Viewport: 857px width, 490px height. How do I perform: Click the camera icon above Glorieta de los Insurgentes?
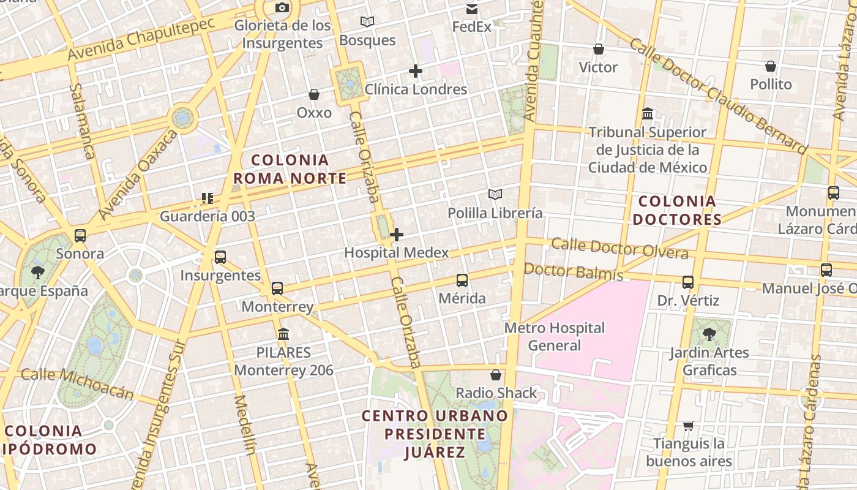[x=282, y=7]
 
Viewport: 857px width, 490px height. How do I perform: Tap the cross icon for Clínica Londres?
[x=416, y=71]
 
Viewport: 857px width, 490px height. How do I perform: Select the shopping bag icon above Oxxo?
[x=314, y=94]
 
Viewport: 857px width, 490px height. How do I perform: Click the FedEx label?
[x=471, y=27]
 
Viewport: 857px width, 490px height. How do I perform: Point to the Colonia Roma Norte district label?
[x=290, y=170]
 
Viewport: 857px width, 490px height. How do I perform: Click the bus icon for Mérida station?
[x=462, y=281]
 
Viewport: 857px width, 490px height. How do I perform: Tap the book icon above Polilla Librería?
[x=495, y=195]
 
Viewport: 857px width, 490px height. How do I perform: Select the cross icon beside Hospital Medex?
[x=397, y=235]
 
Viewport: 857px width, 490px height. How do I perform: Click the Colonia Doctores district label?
[x=677, y=210]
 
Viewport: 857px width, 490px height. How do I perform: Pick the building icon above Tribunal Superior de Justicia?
[x=648, y=114]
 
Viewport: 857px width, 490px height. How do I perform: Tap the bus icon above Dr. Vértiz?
[x=688, y=282]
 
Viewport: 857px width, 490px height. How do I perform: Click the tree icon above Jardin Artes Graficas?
[x=709, y=334]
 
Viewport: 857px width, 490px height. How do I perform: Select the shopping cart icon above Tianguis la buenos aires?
[x=689, y=426]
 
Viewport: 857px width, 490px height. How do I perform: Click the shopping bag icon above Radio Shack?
[x=496, y=375]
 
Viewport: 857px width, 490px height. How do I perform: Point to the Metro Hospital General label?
[x=555, y=337]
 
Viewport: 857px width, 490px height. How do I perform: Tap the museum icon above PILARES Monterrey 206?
[x=283, y=334]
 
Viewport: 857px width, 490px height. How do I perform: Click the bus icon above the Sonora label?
[x=80, y=235]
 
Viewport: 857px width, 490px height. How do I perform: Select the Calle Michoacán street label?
[x=77, y=383]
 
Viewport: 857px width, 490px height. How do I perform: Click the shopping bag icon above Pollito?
[x=771, y=66]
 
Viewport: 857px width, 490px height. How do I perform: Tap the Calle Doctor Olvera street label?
[x=619, y=248]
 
